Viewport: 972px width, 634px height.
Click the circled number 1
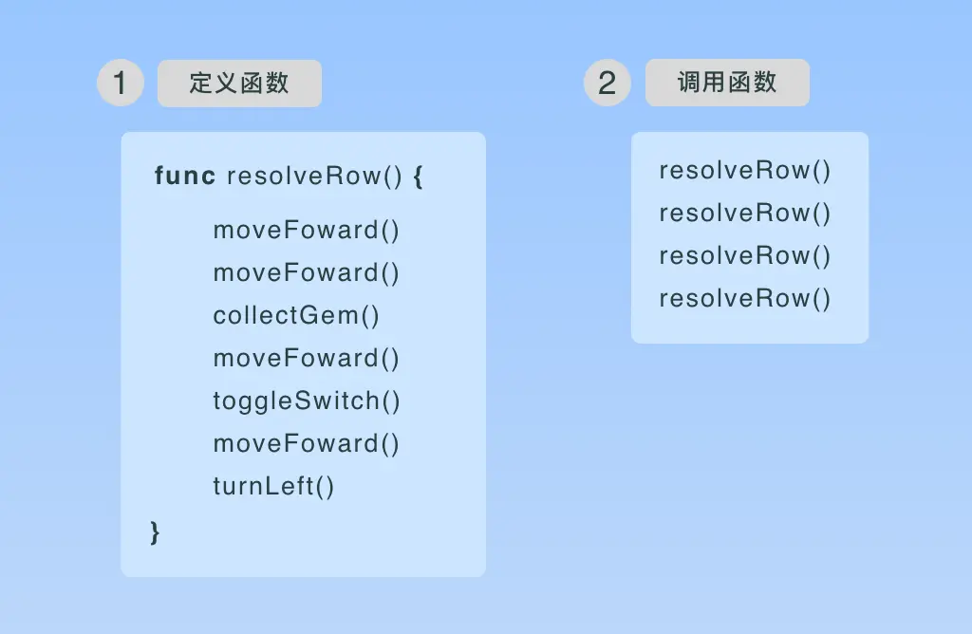click(x=121, y=84)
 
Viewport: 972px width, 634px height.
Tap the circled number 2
click(x=607, y=84)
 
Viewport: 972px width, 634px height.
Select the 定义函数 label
click(x=239, y=84)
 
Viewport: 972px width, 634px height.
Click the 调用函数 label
click(x=727, y=83)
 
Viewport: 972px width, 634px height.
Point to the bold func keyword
click(x=185, y=177)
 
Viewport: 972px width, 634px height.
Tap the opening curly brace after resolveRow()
click(x=419, y=177)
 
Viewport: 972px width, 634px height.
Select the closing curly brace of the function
click(x=155, y=531)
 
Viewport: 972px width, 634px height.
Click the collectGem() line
click(x=296, y=316)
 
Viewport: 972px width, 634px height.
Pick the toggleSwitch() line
click(x=307, y=401)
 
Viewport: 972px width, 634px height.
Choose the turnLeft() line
click(x=274, y=487)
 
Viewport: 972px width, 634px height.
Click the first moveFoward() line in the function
click(x=307, y=231)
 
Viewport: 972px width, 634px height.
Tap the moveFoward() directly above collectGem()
click(x=307, y=273)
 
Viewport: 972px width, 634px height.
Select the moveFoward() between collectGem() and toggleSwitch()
click(x=307, y=359)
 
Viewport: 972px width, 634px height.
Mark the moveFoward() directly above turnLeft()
click(x=307, y=444)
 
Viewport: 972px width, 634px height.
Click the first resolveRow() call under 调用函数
click(x=745, y=171)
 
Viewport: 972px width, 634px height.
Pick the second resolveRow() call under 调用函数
click(x=745, y=214)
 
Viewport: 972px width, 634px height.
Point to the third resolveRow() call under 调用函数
click(x=745, y=256)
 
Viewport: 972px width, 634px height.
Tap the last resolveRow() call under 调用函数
click(x=745, y=299)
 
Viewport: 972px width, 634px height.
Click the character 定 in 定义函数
click(x=200, y=84)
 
